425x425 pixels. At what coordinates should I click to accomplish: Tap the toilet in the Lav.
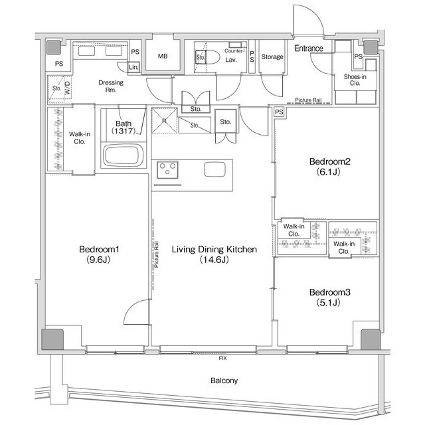[x=207, y=57]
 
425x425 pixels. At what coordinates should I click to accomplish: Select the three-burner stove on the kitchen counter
[x=167, y=170]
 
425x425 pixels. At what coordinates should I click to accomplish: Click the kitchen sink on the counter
[x=214, y=169]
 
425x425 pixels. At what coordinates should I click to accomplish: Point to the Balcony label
[x=224, y=381]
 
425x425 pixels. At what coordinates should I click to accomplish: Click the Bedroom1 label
[x=99, y=250]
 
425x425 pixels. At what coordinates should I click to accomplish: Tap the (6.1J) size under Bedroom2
[x=328, y=172]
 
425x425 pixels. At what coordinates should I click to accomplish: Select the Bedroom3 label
[x=330, y=292]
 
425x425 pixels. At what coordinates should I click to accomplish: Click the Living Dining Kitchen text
[x=214, y=250]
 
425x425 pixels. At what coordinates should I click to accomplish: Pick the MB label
[x=163, y=56]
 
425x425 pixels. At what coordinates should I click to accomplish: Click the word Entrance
[x=309, y=48]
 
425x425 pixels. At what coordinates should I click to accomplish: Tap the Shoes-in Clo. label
[x=355, y=80]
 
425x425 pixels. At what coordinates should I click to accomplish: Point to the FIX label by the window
[x=223, y=359]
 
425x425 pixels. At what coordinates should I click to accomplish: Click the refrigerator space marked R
[x=164, y=121]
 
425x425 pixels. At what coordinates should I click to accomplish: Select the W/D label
[x=67, y=88]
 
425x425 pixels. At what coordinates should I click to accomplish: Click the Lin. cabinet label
[x=133, y=67]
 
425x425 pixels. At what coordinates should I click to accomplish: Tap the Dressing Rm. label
[x=111, y=86]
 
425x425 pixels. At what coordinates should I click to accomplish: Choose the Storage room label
[x=272, y=56]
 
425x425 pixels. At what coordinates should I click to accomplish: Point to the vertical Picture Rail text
[x=157, y=255]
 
